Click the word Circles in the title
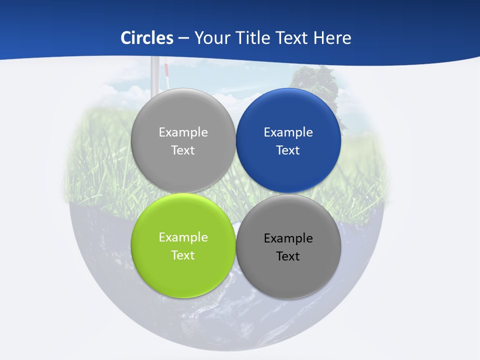[147, 38]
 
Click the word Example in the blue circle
[288, 132]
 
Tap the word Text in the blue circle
[288, 150]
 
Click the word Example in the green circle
[183, 237]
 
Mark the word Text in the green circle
[183, 255]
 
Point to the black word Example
[288, 238]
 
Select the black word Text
[288, 256]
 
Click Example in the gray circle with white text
[183, 132]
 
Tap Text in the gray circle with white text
[183, 150]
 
